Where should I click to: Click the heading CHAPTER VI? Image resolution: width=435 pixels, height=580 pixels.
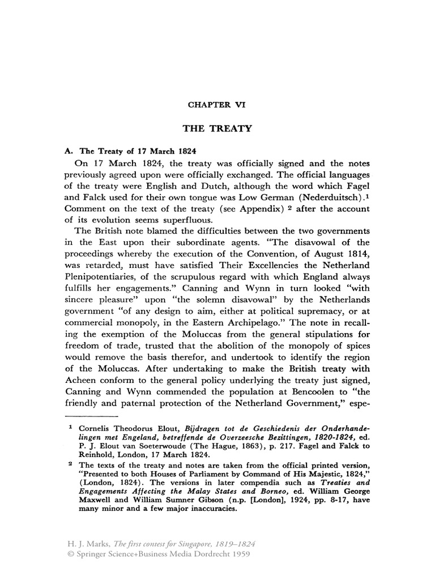click(217, 105)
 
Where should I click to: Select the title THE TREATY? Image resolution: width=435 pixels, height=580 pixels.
click(217, 129)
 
